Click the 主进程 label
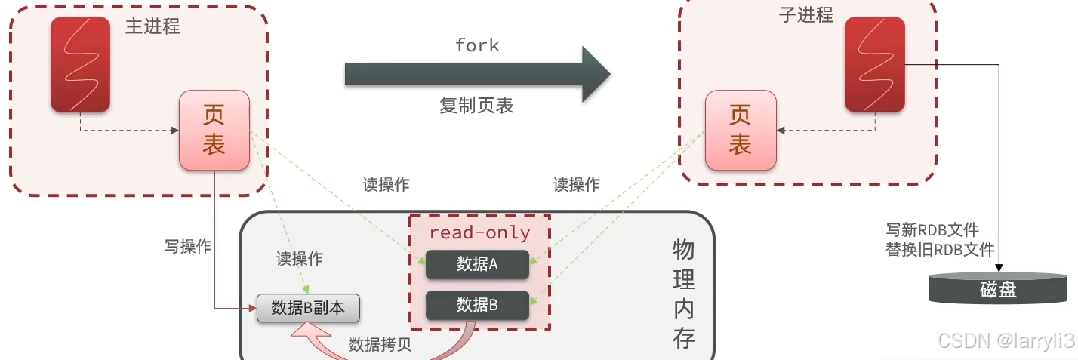coord(152,26)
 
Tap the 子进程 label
coord(805,15)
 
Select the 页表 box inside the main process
coord(214,130)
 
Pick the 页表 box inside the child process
coord(740,130)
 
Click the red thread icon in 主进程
coord(80,64)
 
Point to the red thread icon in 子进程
coord(874,64)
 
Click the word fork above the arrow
coord(477,45)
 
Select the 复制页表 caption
coord(476,106)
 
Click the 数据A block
coord(477,264)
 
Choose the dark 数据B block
coord(477,305)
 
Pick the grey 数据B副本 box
coord(308,308)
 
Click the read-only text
coord(480,233)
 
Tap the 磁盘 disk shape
coord(998,289)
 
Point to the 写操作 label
coord(188,246)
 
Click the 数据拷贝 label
coord(380,344)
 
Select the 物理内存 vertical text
coord(683,294)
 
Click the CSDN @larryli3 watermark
coord(1006,341)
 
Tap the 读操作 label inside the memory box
coord(300,259)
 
